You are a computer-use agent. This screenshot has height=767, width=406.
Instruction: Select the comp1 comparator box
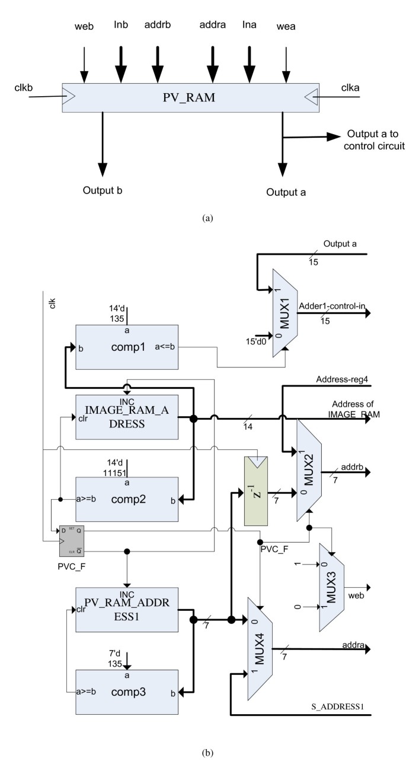[x=126, y=347]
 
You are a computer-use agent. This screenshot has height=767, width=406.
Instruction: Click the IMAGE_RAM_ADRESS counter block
[x=126, y=418]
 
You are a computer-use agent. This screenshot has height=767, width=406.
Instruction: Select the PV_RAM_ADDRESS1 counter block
[x=126, y=610]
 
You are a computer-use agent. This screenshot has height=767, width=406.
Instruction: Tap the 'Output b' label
[x=104, y=191]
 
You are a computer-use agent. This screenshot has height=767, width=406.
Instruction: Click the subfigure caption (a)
[x=204, y=218]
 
